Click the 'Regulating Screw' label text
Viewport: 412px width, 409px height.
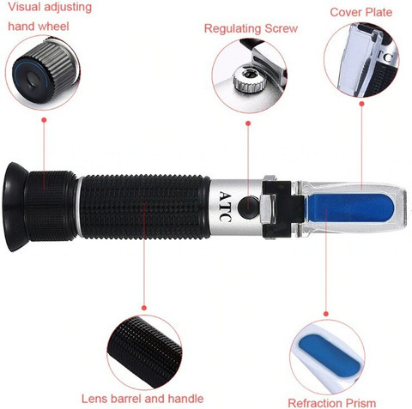click(251, 28)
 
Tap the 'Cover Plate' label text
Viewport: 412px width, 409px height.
click(361, 12)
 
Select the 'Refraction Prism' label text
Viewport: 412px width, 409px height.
click(332, 403)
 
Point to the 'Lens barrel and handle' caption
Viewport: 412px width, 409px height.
click(142, 399)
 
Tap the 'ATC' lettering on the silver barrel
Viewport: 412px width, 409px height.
click(225, 206)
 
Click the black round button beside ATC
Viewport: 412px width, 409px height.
click(248, 207)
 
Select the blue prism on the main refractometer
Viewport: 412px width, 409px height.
click(350, 208)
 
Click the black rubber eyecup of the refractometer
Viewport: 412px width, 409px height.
click(15, 207)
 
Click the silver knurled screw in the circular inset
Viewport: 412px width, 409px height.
click(248, 79)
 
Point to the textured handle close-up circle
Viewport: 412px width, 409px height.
click(144, 352)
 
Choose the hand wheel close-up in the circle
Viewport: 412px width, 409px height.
click(43, 73)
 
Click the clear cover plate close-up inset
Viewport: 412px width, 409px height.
click(361, 60)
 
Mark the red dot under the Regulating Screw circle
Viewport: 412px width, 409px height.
click(248, 123)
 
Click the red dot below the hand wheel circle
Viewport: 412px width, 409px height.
click(44, 120)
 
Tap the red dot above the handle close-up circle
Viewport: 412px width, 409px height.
click(144, 308)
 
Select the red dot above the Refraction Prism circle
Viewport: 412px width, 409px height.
click(326, 314)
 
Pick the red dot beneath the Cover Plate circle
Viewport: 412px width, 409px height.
click(361, 104)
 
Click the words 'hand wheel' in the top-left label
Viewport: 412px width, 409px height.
click(39, 27)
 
